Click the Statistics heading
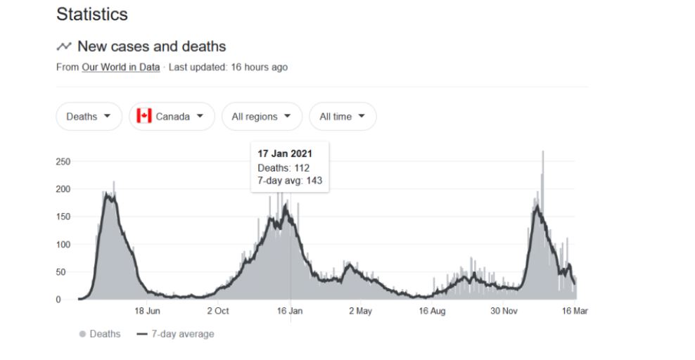tap(91, 14)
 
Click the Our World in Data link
tap(120, 67)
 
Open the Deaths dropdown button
tap(89, 117)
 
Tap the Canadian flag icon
tap(144, 116)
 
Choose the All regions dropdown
tap(261, 117)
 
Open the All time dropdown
tap(343, 117)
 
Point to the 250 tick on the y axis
tap(62, 162)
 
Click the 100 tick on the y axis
tap(62, 245)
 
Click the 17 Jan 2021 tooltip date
tap(285, 154)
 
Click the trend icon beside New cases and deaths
tap(64, 46)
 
